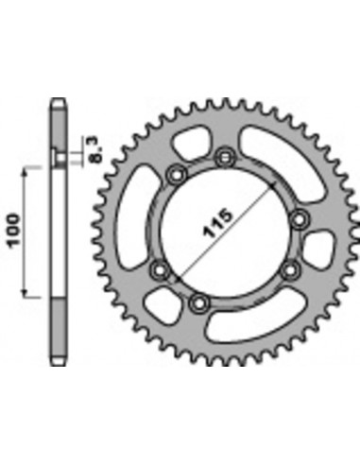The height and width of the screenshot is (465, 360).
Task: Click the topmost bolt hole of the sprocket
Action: click(224, 156)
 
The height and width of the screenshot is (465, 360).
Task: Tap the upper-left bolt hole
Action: click(175, 175)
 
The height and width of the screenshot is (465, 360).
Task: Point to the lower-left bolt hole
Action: click(160, 271)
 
